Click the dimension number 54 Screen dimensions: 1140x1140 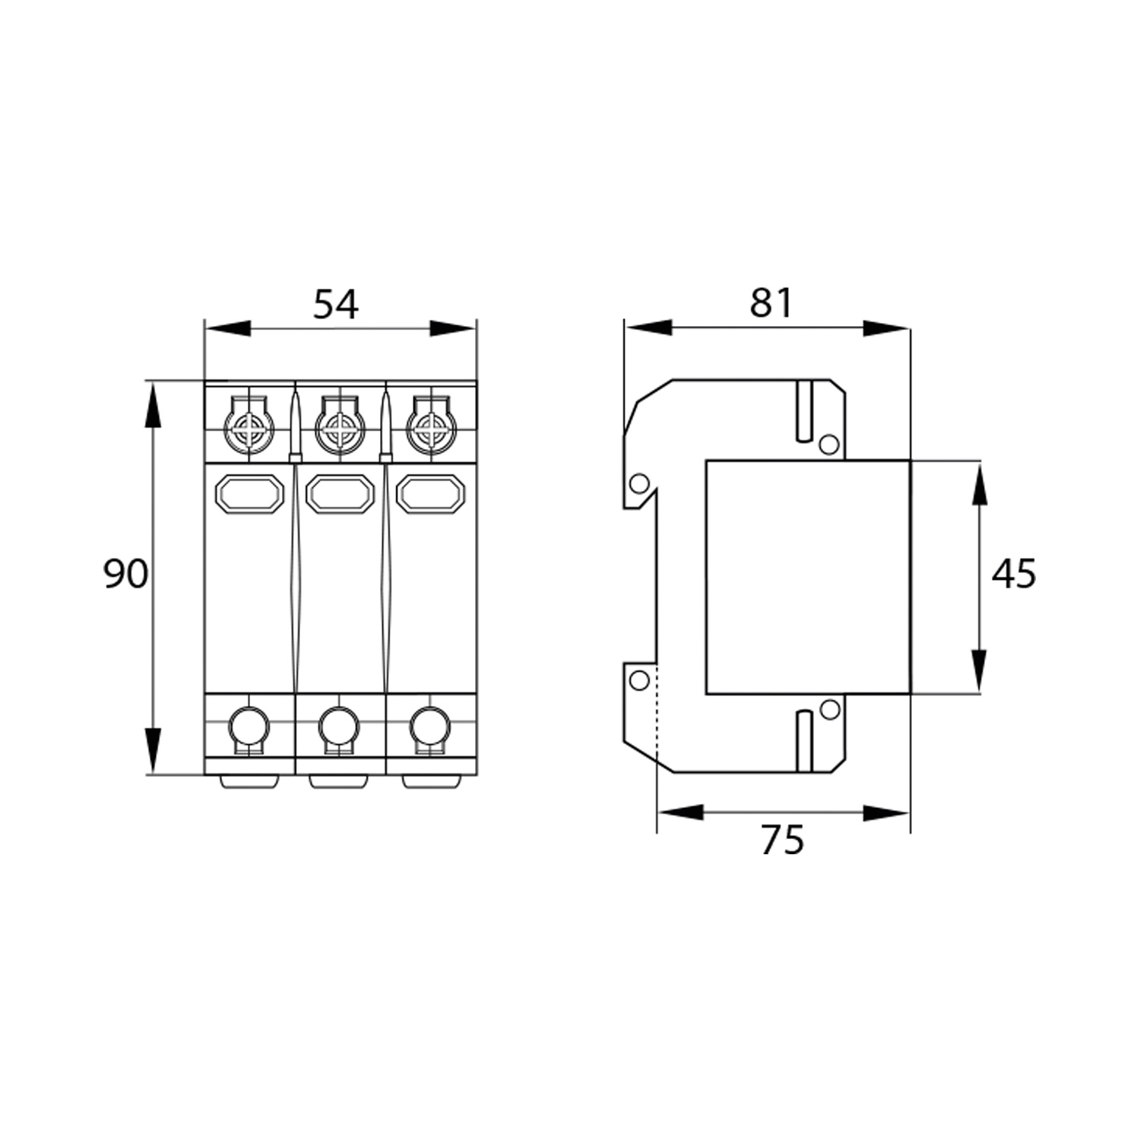coord(336,305)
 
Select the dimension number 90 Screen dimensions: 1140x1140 coord(125,574)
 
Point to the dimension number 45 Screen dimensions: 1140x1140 coord(1013,574)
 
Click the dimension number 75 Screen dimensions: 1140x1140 coord(782,840)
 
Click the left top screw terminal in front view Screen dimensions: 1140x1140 coord(249,432)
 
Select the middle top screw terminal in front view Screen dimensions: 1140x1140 coord(339,432)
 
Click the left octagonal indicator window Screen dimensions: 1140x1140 coord(250,495)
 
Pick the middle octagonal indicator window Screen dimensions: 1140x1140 coord(340,495)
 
